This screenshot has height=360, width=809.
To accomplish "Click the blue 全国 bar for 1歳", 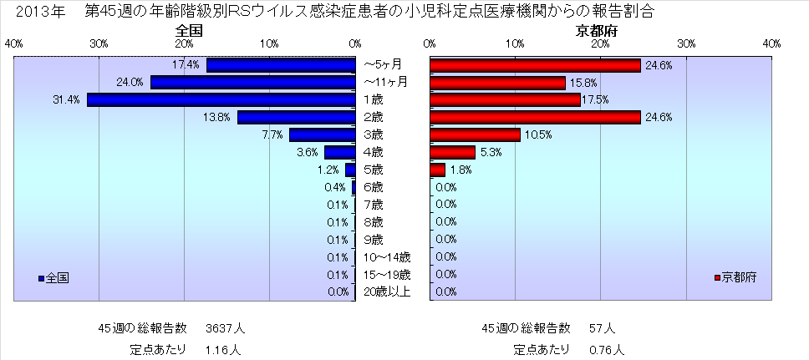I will point(221,100).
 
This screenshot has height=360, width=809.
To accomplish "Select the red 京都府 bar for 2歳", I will point(535,118).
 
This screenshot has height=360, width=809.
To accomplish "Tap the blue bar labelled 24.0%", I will point(253,83).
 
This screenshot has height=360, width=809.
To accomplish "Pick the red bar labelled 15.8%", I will point(497,83).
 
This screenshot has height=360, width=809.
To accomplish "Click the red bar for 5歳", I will point(437,170).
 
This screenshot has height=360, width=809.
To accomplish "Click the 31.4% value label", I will point(67,100).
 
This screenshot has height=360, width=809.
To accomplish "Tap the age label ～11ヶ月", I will point(385,82).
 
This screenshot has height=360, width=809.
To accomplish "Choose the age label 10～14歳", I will point(386,257).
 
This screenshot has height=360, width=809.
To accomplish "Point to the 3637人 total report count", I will point(226,328).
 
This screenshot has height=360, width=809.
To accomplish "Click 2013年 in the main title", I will point(34,12).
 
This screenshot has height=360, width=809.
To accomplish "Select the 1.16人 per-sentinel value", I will point(223,349).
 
